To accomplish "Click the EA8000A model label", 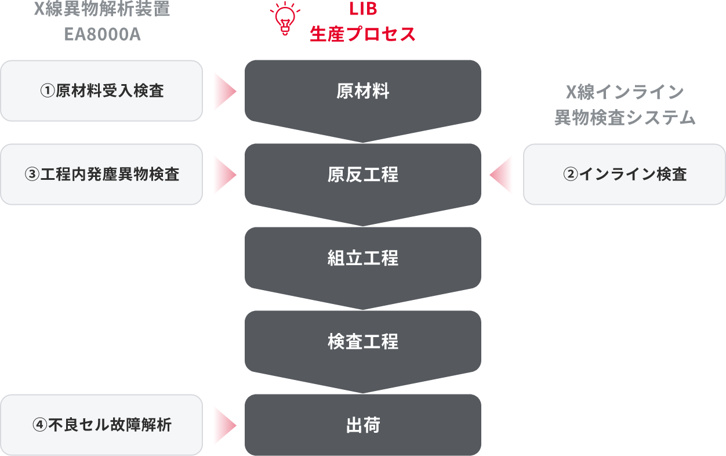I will (102, 34).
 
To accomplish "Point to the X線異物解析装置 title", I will (102, 10).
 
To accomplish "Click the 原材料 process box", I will (362, 91).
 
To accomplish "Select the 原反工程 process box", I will (362, 175).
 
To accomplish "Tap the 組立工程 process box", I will (362, 258).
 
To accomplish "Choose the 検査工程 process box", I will (362, 342).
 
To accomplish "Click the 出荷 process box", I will (362, 425).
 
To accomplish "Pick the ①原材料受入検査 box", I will (101, 91).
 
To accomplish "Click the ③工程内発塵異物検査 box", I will (101, 175).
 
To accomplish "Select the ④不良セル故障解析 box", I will (101, 425).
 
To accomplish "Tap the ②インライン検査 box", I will (625, 175).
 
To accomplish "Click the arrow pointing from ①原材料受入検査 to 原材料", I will (224, 91).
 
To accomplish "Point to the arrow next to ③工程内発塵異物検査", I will (224, 175).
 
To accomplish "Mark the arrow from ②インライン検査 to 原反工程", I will (502, 175).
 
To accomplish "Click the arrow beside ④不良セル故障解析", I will (224, 425).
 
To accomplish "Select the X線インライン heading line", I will (625, 92).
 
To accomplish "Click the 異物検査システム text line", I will (625, 118).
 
